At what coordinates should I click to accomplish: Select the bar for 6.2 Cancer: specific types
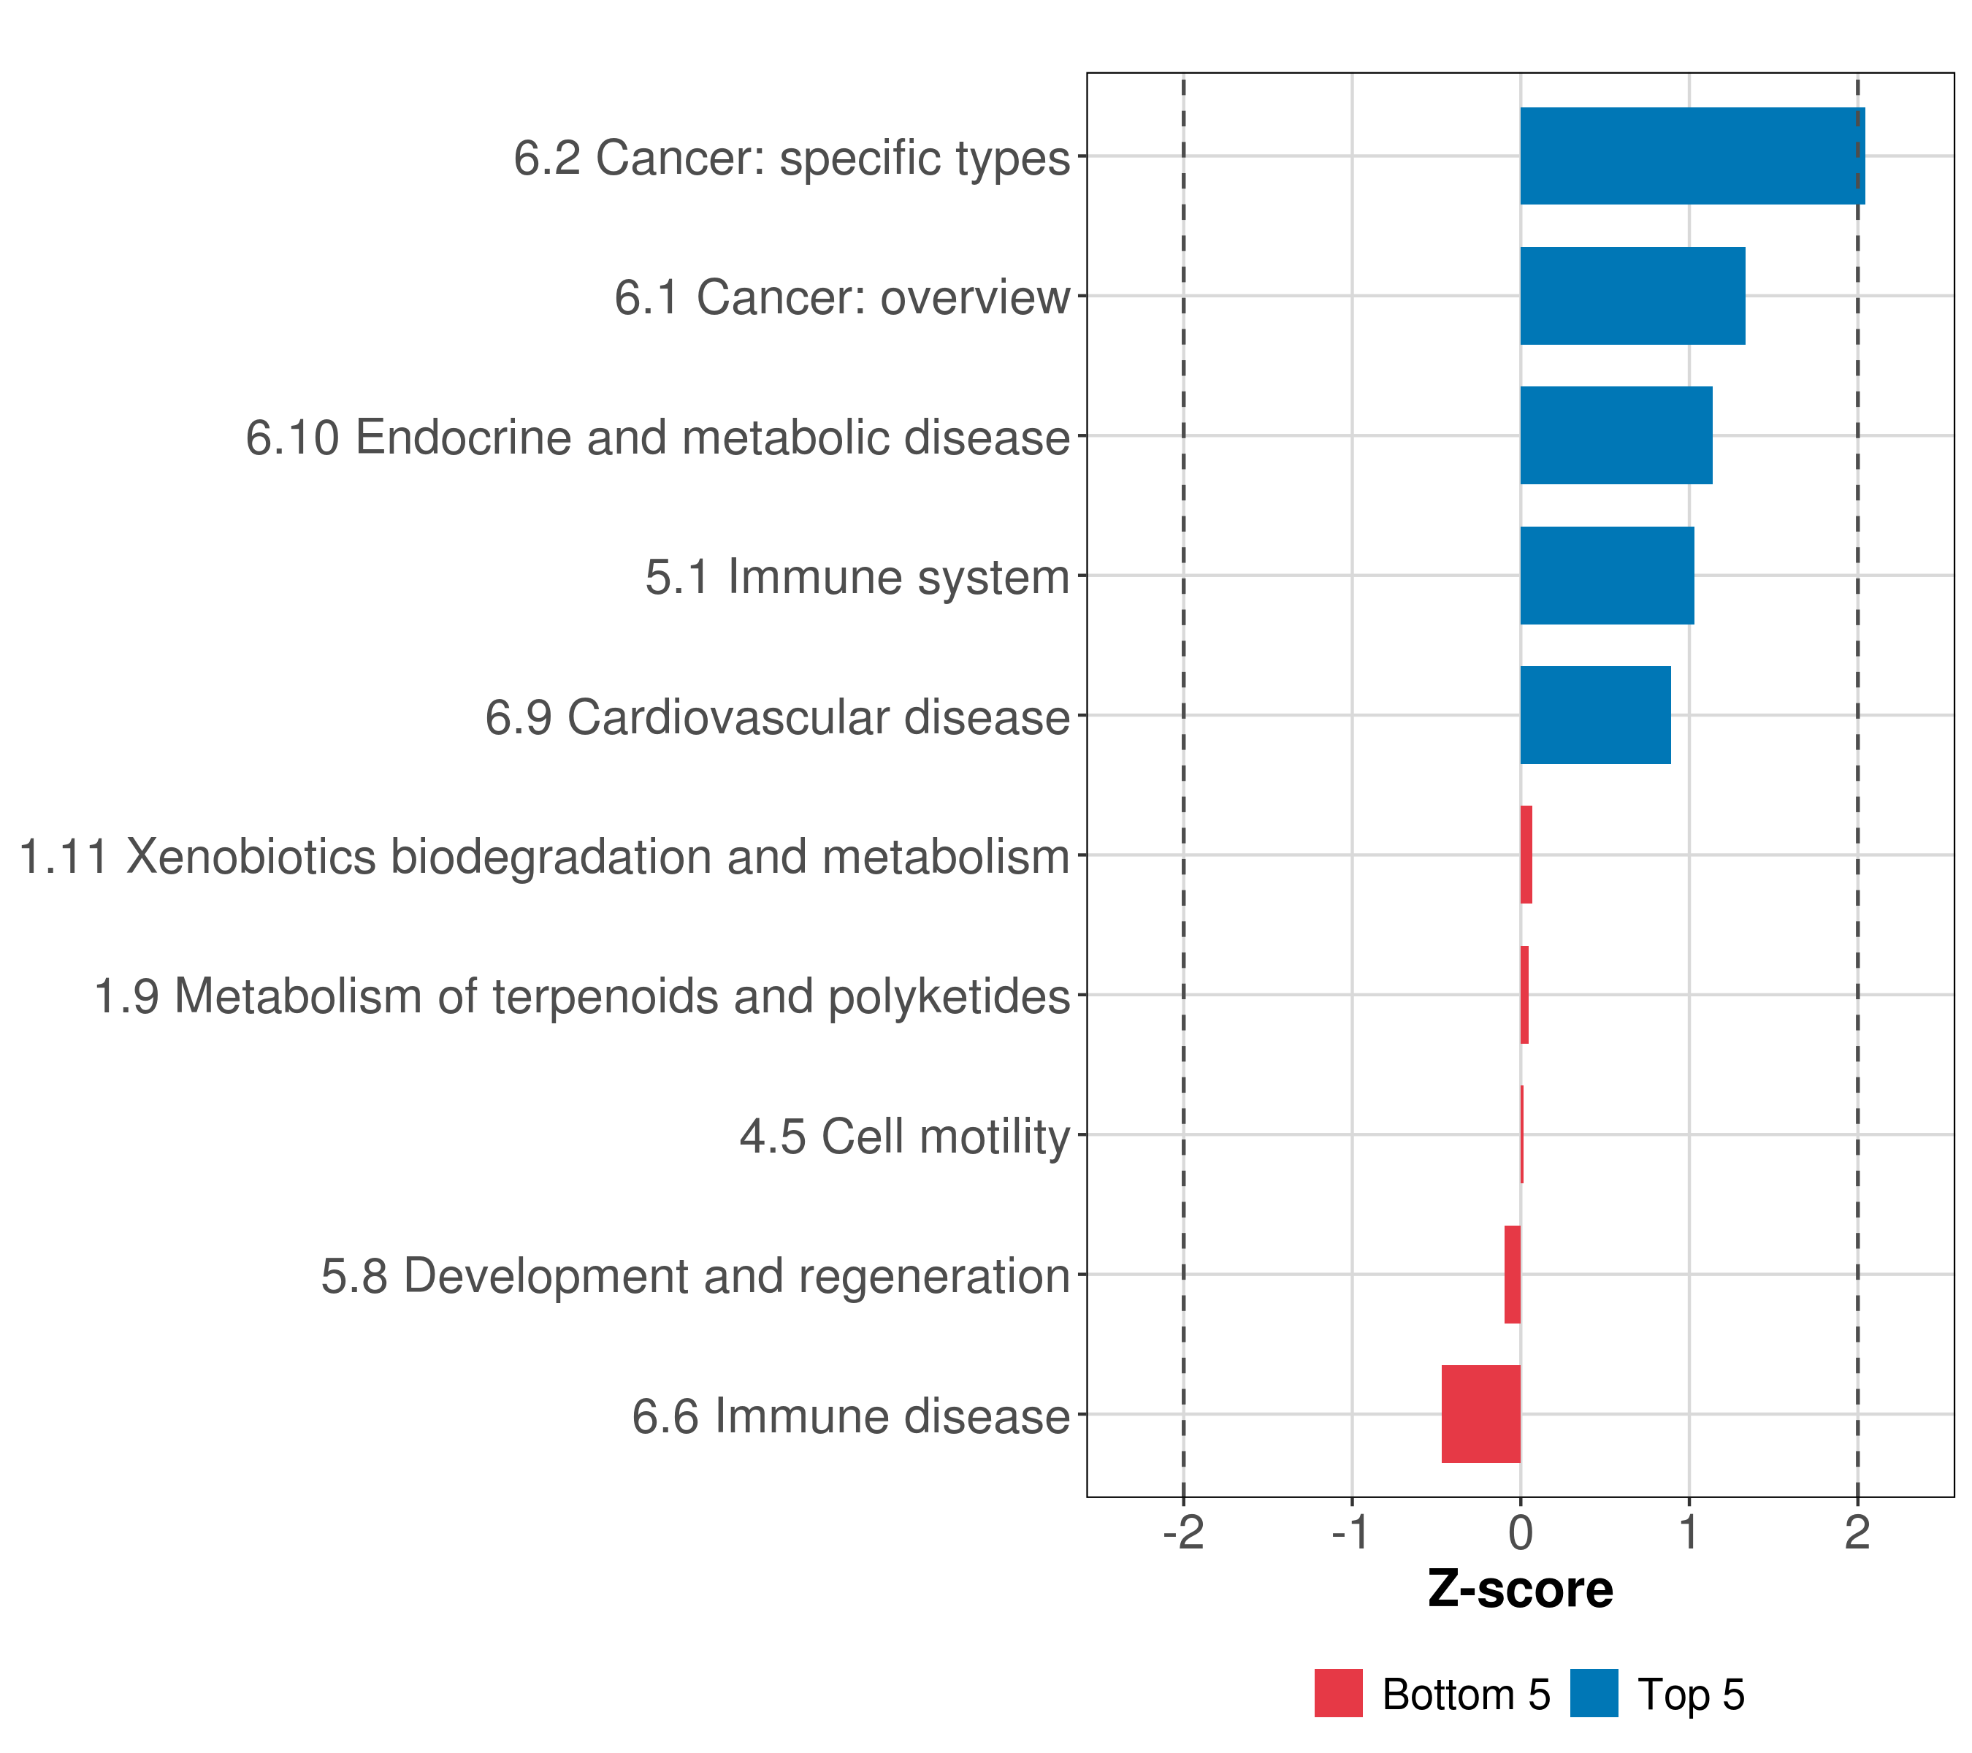(1692, 156)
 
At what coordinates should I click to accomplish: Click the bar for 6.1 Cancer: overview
(1632, 297)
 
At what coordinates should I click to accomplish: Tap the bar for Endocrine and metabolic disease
(1616, 435)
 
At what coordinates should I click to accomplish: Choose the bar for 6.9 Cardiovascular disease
(1595, 715)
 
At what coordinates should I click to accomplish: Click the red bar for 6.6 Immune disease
(1481, 1414)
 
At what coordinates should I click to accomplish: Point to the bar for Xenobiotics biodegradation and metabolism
(1526, 855)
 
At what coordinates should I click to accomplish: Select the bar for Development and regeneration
(1513, 1275)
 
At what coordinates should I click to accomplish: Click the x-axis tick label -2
(1184, 1533)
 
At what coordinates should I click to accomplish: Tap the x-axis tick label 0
(1521, 1533)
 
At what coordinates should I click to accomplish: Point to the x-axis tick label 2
(1857, 1533)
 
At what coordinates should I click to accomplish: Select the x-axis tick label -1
(1352, 1533)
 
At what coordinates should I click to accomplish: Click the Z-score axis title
(1521, 1590)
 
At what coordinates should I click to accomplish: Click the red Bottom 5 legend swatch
(1338, 1693)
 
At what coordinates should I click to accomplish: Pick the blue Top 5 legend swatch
(1594, 1693)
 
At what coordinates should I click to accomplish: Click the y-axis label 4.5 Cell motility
(905, 1137)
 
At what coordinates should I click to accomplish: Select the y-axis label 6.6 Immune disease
(851, 1416)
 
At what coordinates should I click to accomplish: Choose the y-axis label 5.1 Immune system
(857, 577)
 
